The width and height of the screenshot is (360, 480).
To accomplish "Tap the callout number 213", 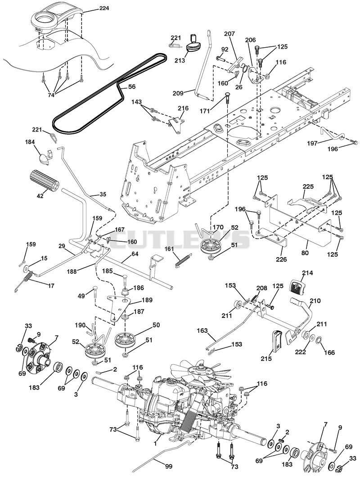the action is tap(180, 60).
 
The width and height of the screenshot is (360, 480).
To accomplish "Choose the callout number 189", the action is tap(147, 300).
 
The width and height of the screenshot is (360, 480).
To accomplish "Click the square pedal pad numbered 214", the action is tap(297, 286).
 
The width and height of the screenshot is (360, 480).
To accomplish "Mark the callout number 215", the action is tap(266, 358).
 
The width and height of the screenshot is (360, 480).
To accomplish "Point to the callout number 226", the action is tap(281, 260).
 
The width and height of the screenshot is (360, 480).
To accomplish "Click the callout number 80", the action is tap(305, 253).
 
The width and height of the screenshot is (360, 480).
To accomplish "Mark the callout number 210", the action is tap(315, 301).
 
